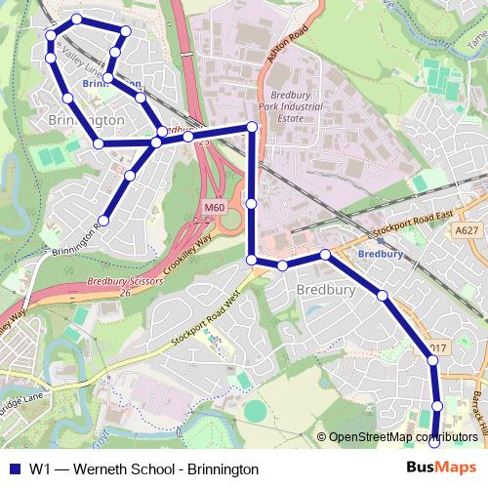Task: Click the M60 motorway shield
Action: click(x=215, y=208)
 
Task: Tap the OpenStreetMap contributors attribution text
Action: click(x=402, y=436)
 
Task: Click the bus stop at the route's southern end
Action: click(x=435, y=443)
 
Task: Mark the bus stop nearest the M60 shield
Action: click(x=252, y=203)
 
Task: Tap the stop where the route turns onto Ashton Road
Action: click(x=252, y=127)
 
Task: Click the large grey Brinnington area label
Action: click(x=86, y=119)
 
